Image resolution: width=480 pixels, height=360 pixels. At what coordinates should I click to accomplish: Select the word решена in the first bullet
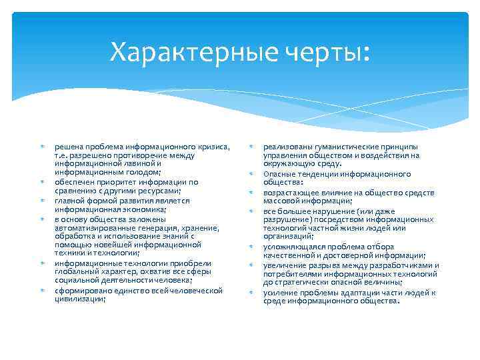pyautogui.click(x=69, y=147)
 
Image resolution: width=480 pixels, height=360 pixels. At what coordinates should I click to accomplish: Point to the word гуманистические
pyautogui.click(x=344, y=147)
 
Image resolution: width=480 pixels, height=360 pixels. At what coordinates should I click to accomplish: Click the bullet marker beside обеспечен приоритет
pyautogui.click(x=41, y=181)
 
